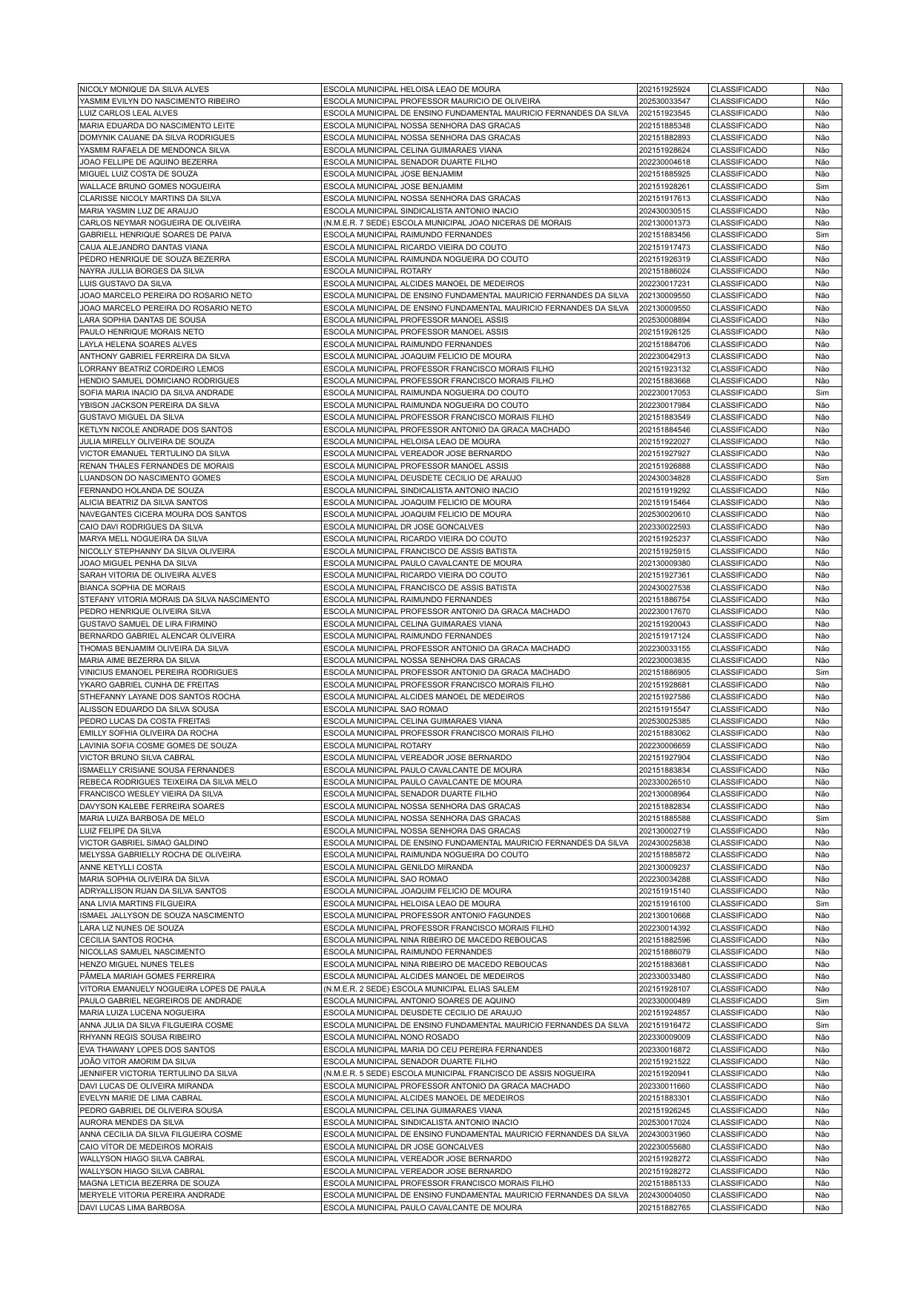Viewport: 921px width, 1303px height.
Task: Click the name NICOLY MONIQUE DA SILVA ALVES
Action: point(144,89)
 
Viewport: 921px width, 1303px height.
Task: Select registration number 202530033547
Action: point(664,101)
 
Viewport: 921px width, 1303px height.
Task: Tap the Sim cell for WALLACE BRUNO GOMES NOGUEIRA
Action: point(822,186)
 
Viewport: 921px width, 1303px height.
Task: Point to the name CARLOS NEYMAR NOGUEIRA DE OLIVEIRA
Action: point(160,222)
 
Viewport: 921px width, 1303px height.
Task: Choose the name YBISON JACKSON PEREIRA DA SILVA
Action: point(150,405)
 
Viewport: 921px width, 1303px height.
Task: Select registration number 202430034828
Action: point(664,478)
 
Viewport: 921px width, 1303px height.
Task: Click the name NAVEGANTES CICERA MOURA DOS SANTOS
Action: point(163,514)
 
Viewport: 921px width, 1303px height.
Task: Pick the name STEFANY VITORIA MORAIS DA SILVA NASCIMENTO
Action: point(174,599)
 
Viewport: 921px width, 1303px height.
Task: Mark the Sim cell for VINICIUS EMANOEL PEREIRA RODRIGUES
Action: point(822,672)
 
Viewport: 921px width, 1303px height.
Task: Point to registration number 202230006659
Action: point(664,745)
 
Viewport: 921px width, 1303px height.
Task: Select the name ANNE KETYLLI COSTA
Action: point(121,867)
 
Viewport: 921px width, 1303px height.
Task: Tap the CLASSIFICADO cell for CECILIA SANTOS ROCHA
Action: point(739,940)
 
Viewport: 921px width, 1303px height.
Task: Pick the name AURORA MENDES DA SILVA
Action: point(131,1122)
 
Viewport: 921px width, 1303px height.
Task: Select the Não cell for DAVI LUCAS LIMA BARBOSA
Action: point(822,1207)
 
